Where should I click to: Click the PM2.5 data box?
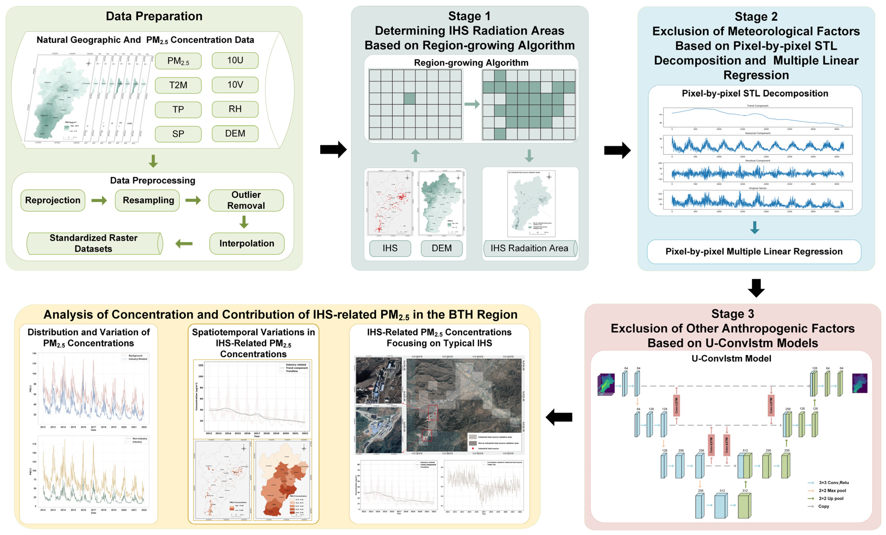click(178, 61)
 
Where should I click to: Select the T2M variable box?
click(178, 85)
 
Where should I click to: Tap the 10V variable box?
click(235, 85)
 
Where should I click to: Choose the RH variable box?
click(235, 109)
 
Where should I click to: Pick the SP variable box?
click(178, 134)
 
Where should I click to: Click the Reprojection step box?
click(53, 200)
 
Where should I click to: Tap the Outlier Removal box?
click(246, 200)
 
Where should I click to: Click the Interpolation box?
click(247, 244)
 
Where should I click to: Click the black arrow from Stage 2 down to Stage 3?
click(756, 288)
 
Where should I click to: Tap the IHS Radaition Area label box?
click(529, 248)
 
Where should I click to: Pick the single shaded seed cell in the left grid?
click(409, 99)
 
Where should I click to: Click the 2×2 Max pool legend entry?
click(832, 490)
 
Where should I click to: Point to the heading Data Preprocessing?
click(152, 181)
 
